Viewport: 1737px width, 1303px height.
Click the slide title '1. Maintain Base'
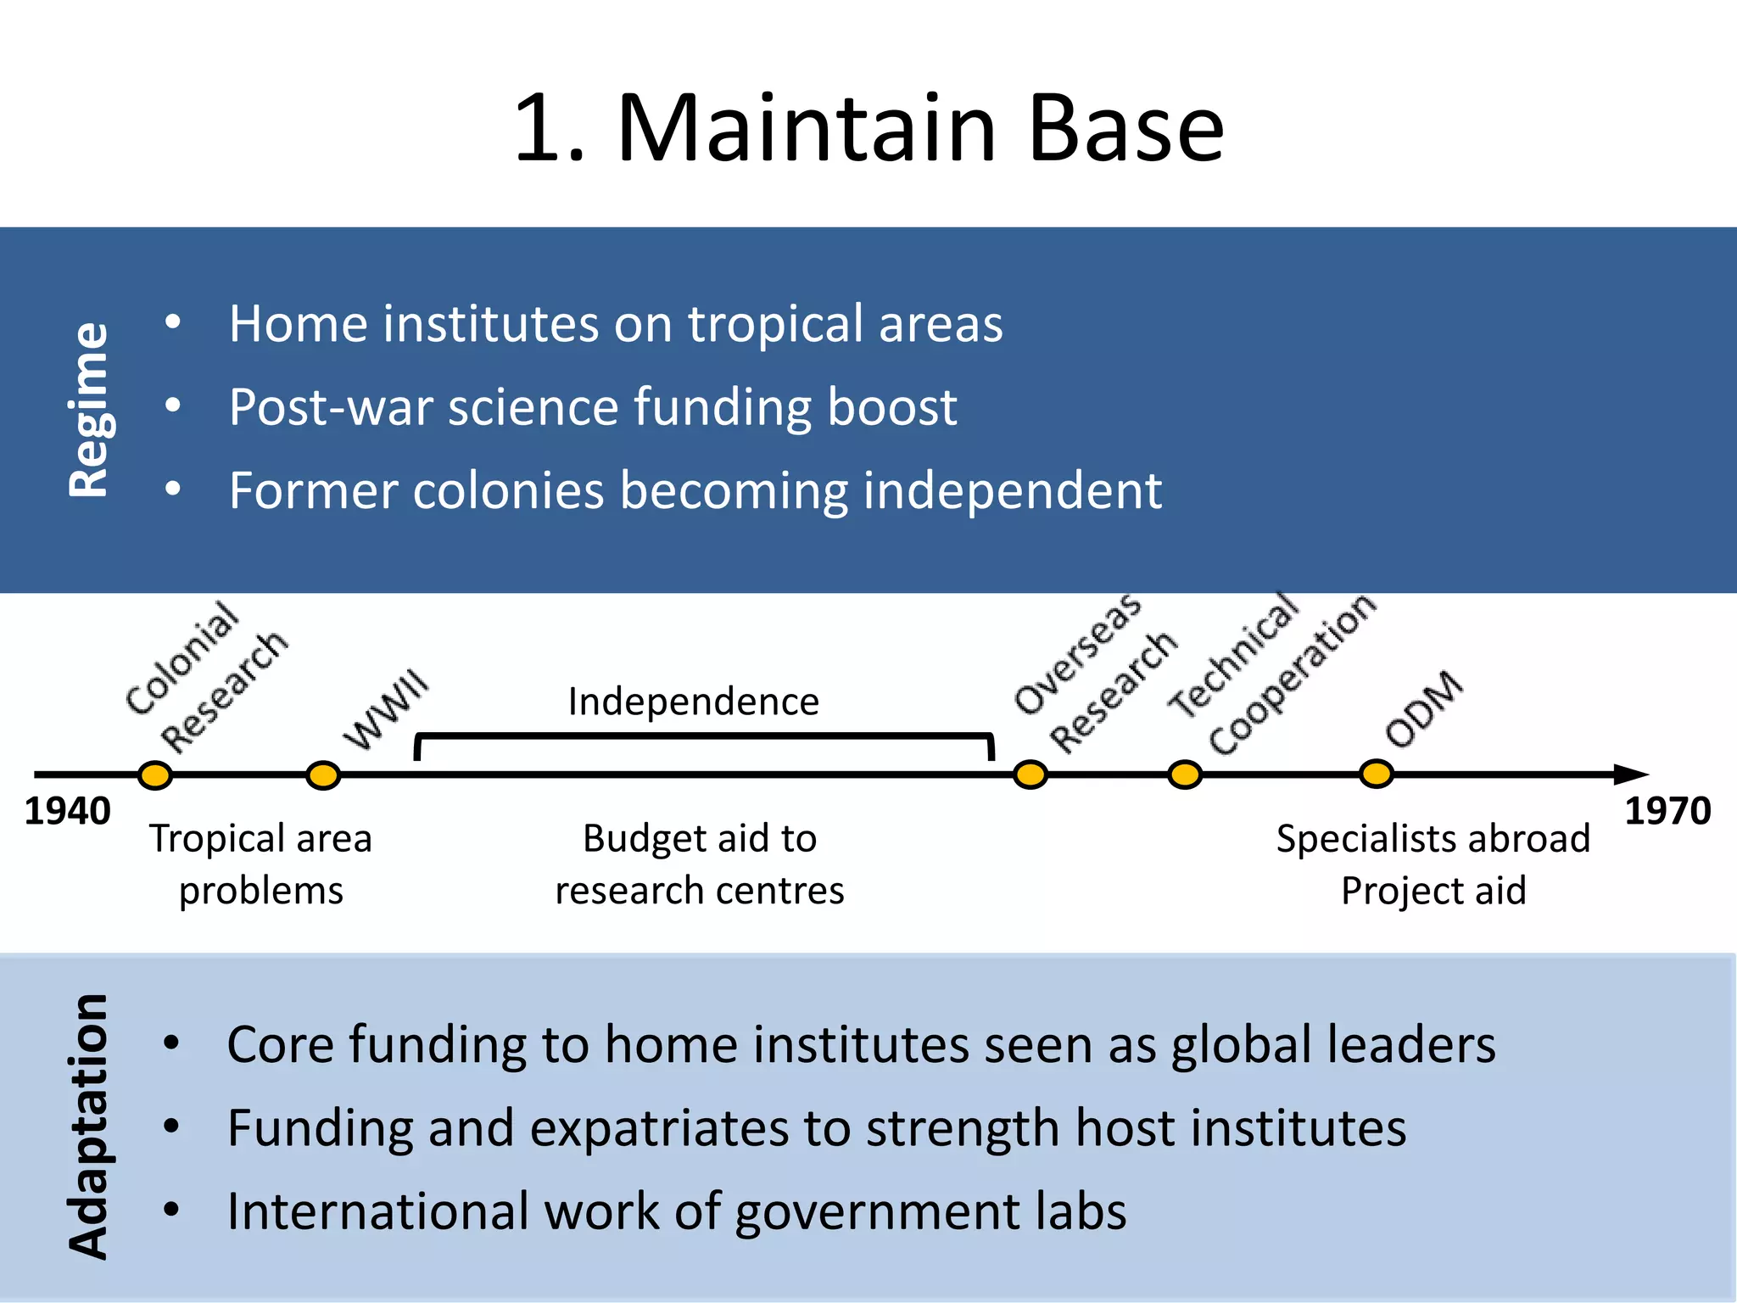[868, 129]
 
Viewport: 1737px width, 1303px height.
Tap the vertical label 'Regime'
[89, 409]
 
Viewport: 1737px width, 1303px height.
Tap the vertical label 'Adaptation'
[89, 1126]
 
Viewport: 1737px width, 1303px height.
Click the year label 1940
[67, 812]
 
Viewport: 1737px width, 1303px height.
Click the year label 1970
[1667, 812]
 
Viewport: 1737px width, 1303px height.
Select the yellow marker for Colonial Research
[155, 775]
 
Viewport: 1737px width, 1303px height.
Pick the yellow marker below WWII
[323, 775]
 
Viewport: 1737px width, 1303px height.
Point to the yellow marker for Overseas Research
[1030, 774]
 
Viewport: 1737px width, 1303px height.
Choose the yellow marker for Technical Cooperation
[1185, 774]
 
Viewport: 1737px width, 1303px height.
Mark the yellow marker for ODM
[1376, 773]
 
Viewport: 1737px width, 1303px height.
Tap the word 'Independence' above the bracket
[693, 702]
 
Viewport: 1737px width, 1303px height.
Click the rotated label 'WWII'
[387, 709]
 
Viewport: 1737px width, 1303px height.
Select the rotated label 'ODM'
[1424, 709]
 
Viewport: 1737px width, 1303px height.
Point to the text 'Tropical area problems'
[261, 864]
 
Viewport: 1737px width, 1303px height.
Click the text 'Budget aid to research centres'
[700, 864]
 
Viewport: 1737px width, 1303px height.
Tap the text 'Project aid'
[1433, 891]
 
